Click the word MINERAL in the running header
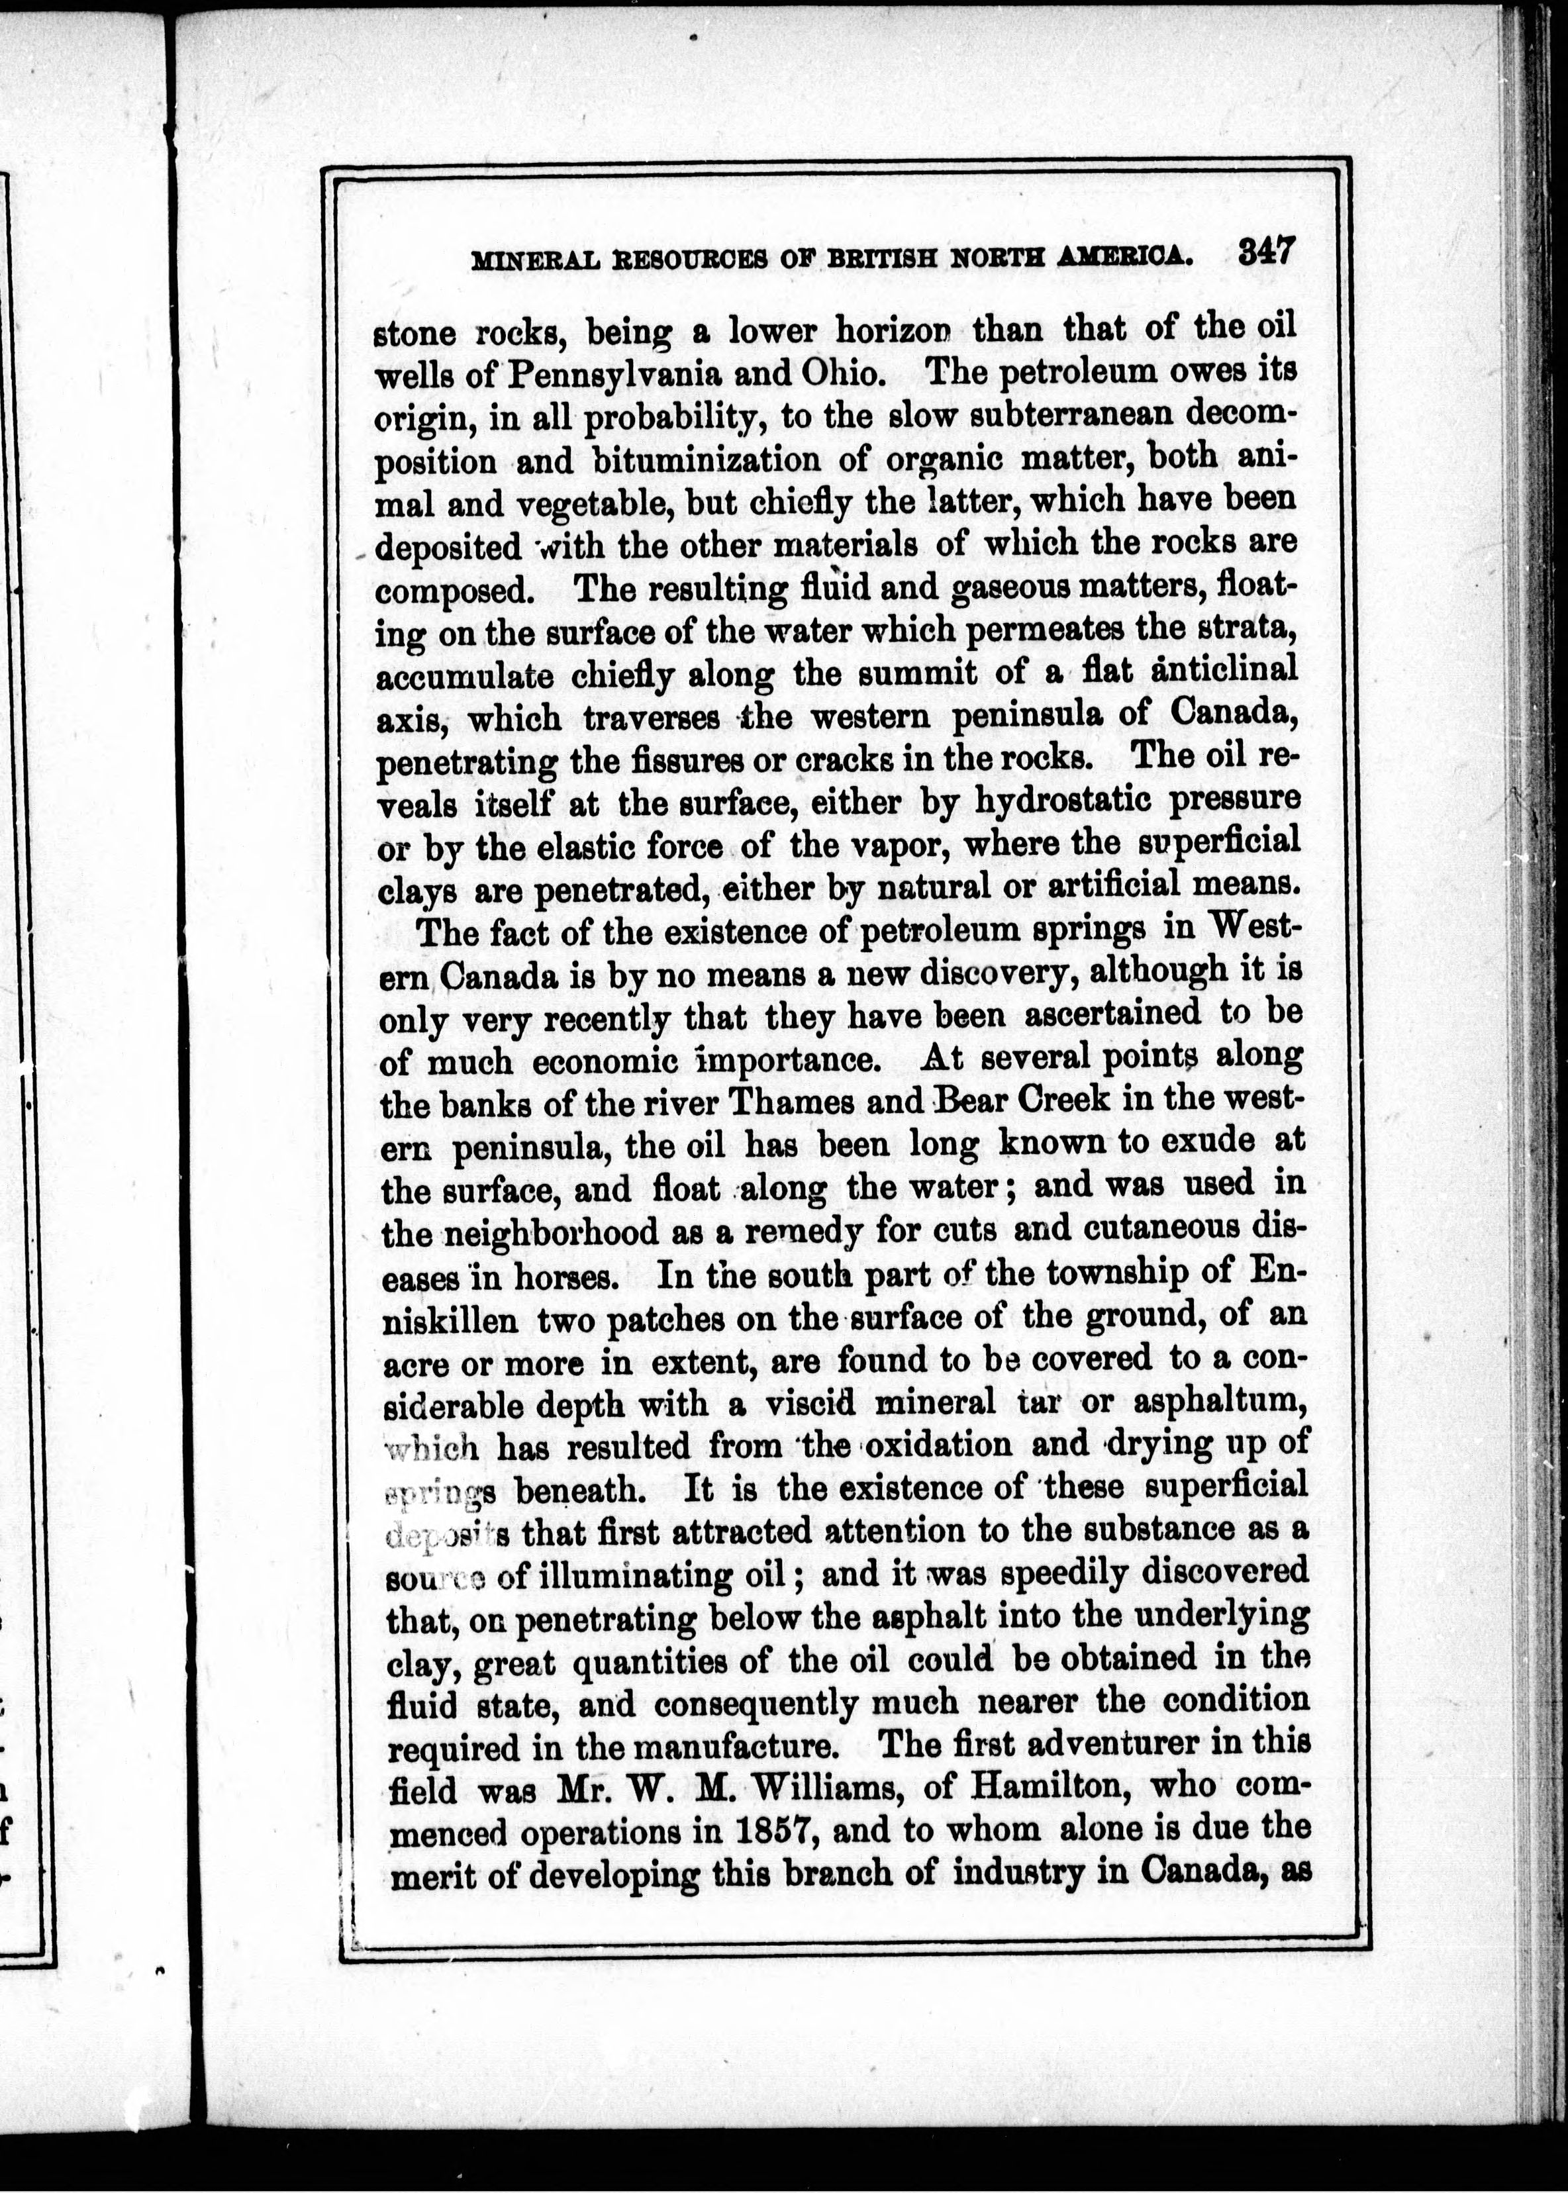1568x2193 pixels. pyautogui.click(x=533, y=261)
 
